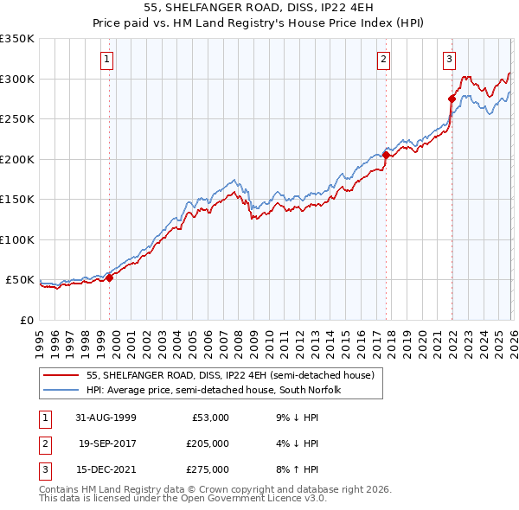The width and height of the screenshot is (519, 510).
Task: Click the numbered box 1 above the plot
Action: point(106,60)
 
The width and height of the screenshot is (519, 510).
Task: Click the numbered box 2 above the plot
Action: point(382,60)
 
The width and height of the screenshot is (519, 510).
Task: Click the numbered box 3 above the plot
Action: point(450,60)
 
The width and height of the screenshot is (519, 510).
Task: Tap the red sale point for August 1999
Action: point(110,277)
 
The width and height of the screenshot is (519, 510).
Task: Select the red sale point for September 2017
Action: point(386,156)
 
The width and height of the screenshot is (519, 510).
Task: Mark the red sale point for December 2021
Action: point(452,99)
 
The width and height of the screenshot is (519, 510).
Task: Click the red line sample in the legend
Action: point(62,375)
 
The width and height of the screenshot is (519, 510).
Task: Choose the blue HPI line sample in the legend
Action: point(62,390)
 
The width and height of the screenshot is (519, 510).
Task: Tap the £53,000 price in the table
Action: point(208,418)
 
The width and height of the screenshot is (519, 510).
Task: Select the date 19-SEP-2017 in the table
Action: point(107,443)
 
